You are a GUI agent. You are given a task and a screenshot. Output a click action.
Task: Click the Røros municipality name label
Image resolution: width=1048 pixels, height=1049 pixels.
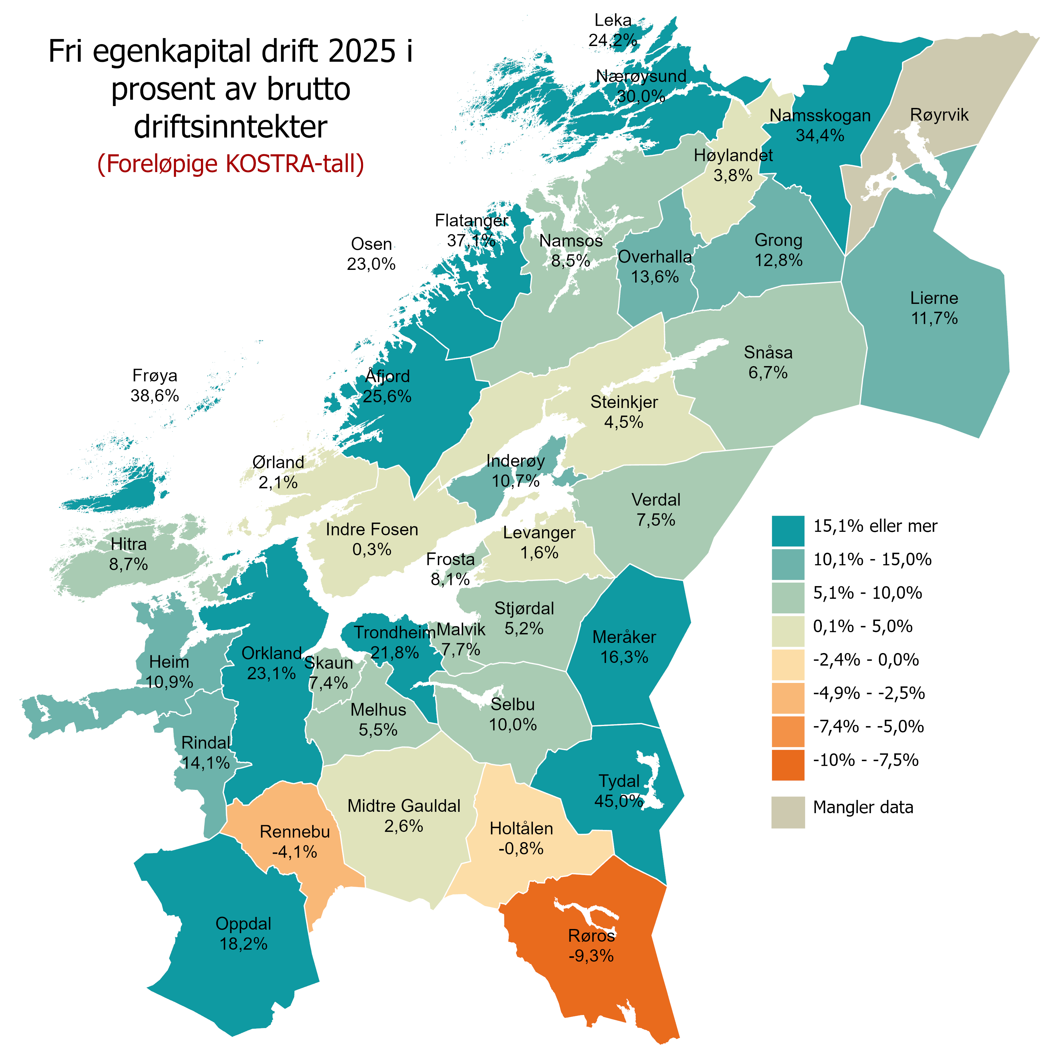click(591, 936)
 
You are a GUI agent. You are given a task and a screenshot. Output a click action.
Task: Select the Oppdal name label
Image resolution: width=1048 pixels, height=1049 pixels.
click(243, 924)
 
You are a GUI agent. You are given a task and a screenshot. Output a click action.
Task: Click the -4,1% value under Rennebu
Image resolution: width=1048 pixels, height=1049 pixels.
click(294, 852)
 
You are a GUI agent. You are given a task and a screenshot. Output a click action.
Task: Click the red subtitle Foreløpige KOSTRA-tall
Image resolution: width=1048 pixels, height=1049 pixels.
click(230, 164)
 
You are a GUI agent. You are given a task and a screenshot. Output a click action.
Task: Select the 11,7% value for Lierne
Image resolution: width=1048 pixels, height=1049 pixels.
click(934, 318)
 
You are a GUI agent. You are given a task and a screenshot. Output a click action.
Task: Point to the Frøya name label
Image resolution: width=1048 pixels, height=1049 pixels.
click(155, 375)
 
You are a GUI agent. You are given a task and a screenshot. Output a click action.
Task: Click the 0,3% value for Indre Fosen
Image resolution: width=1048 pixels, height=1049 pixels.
click(372, 550)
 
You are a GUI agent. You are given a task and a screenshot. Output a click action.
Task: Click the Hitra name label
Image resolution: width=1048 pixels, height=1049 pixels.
click(129, 544)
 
